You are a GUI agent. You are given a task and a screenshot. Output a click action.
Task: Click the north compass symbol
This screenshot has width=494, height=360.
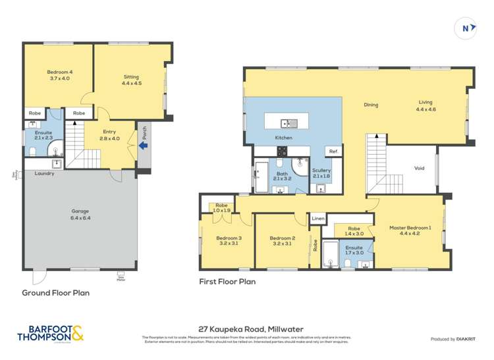(466, 28)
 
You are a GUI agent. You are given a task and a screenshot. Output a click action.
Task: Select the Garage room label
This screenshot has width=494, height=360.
(80, 215)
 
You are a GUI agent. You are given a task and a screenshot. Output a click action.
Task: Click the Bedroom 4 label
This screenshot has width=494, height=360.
(58, 74)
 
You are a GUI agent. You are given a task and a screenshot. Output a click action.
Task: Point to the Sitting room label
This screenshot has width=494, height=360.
(131, 80)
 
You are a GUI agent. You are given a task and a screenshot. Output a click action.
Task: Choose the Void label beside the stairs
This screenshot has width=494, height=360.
(420, 168)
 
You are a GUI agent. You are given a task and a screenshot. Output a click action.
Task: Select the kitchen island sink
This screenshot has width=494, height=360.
(288, 123)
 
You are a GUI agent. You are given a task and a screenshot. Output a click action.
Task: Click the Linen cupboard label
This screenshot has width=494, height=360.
(318, 218)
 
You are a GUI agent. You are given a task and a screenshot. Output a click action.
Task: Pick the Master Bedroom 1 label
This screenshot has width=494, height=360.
(410, 231)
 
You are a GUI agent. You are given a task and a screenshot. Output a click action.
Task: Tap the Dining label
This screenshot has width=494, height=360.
(371, 105)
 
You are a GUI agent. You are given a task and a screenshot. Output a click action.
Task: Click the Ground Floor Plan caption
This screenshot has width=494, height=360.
(56, 293)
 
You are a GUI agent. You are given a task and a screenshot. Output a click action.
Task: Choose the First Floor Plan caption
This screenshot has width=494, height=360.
(227, 281)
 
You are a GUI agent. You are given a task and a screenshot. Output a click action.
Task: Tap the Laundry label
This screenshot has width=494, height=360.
(45, 174)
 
